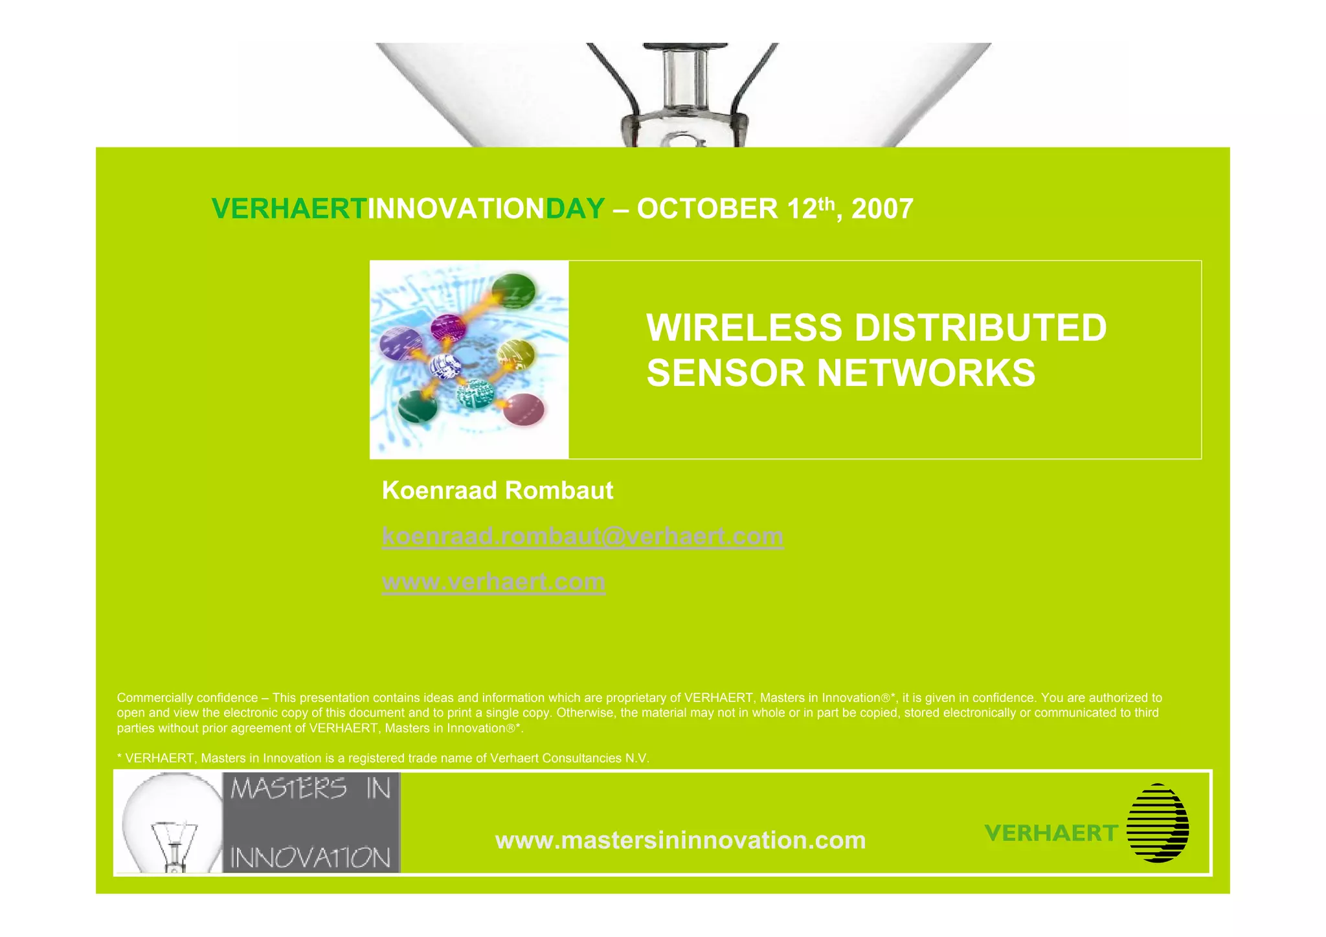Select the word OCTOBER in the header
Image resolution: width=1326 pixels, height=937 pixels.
click(707, 209)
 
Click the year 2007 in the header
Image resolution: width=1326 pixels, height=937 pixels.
click(882, 209)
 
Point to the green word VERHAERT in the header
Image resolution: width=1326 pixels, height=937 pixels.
click(289, 209)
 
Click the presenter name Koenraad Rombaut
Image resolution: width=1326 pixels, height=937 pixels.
click(497, 491)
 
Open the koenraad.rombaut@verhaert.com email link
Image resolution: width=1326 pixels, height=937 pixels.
click(583, 537)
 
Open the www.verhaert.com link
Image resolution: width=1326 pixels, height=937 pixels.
click(493, 582)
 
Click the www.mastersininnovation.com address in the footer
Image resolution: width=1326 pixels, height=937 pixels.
click(680, 841)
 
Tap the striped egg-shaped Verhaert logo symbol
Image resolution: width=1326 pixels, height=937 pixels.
click(1158, 823)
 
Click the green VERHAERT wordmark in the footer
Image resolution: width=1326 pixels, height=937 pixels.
click(1051, 833)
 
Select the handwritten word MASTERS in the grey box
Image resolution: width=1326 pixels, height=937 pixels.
click(289, 789)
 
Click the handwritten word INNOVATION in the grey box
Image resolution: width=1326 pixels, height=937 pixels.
click(311, 858)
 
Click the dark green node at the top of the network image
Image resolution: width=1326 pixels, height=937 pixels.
click(513, 291)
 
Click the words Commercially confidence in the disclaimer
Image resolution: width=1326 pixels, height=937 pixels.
click(187, 698)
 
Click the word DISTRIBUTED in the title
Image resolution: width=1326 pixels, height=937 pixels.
click(980, 328)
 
